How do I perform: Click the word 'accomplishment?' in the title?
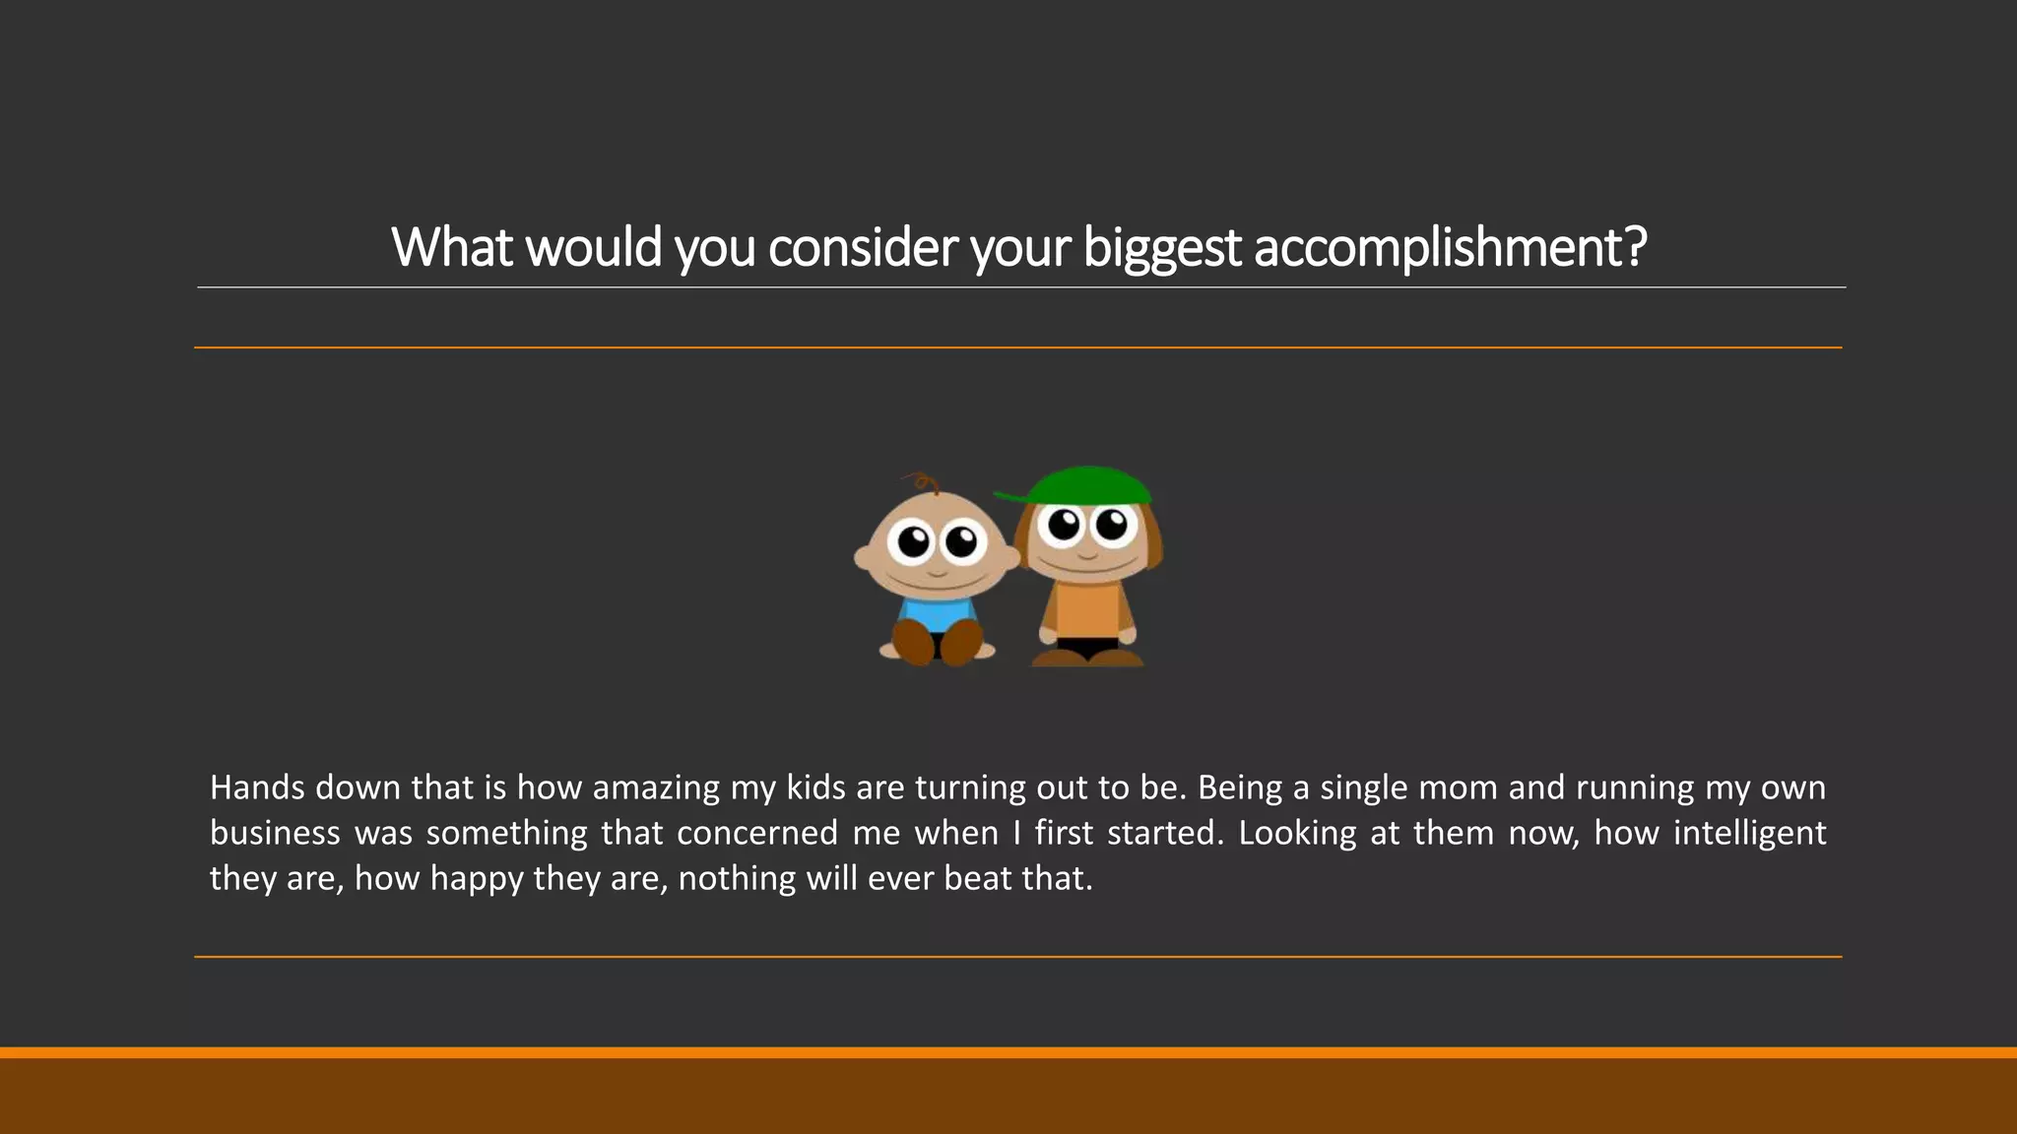(1450, 247)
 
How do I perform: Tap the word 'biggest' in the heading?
(1161, 247)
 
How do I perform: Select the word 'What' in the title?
(452, 247)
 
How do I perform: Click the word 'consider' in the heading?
(862, 247)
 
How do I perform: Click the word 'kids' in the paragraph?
(816, 787)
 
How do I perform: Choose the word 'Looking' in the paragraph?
(1297, 833)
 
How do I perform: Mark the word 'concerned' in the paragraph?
(757, 833)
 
